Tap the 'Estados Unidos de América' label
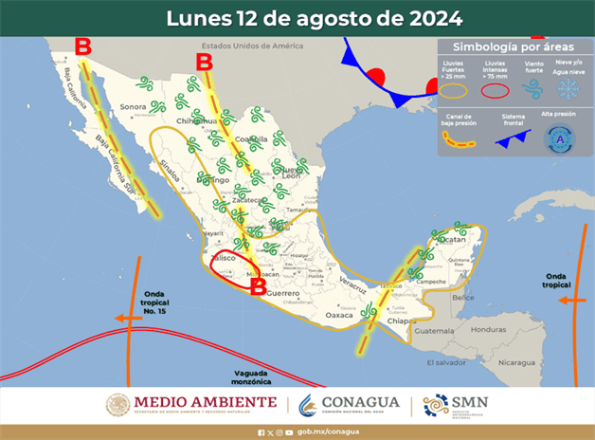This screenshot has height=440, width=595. [x=252, y=46]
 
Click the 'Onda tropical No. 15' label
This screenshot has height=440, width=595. [x=154, y=303]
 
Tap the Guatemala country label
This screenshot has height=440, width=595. [x=435, y=331]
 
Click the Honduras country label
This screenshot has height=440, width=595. [x=489, y=329]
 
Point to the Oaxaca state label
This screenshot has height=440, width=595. [x=337, y=314]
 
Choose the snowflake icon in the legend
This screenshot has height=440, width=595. [x=568, y=89]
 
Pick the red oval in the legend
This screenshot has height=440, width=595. [x=495, y=90]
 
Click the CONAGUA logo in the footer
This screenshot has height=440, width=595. [x=350, y=404]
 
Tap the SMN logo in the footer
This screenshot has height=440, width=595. [x=456, y=404]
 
